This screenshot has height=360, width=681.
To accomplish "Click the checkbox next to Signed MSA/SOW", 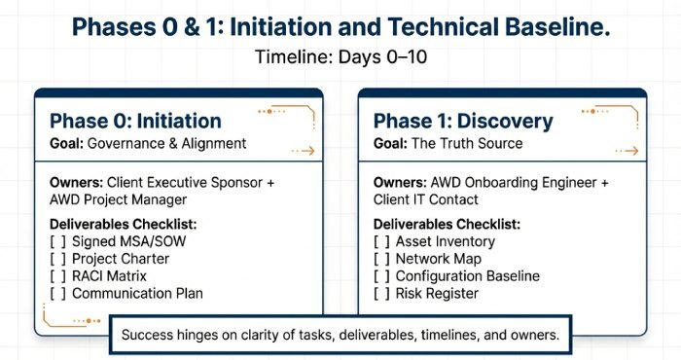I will [x=57, y=242].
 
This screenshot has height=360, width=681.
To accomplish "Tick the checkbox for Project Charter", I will [x=57, y=260].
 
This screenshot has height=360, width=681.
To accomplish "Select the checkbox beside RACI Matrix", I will [x=57, y=276].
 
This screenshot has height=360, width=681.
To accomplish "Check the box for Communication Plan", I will [x=57, y=294].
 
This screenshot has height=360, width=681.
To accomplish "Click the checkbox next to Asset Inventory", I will [x=381, y=242].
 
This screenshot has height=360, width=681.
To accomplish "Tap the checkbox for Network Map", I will [x=381, y=260].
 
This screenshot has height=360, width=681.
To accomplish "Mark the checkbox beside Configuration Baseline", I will [x=381, y=276].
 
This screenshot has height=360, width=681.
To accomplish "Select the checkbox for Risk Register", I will [x=381, y=294].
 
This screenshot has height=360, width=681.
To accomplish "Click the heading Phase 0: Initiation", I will [x=135, y=122].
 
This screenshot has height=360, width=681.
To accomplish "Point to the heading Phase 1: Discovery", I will [x=463, y=122].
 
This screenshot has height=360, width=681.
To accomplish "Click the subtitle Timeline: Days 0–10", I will [x=340, y=57].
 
